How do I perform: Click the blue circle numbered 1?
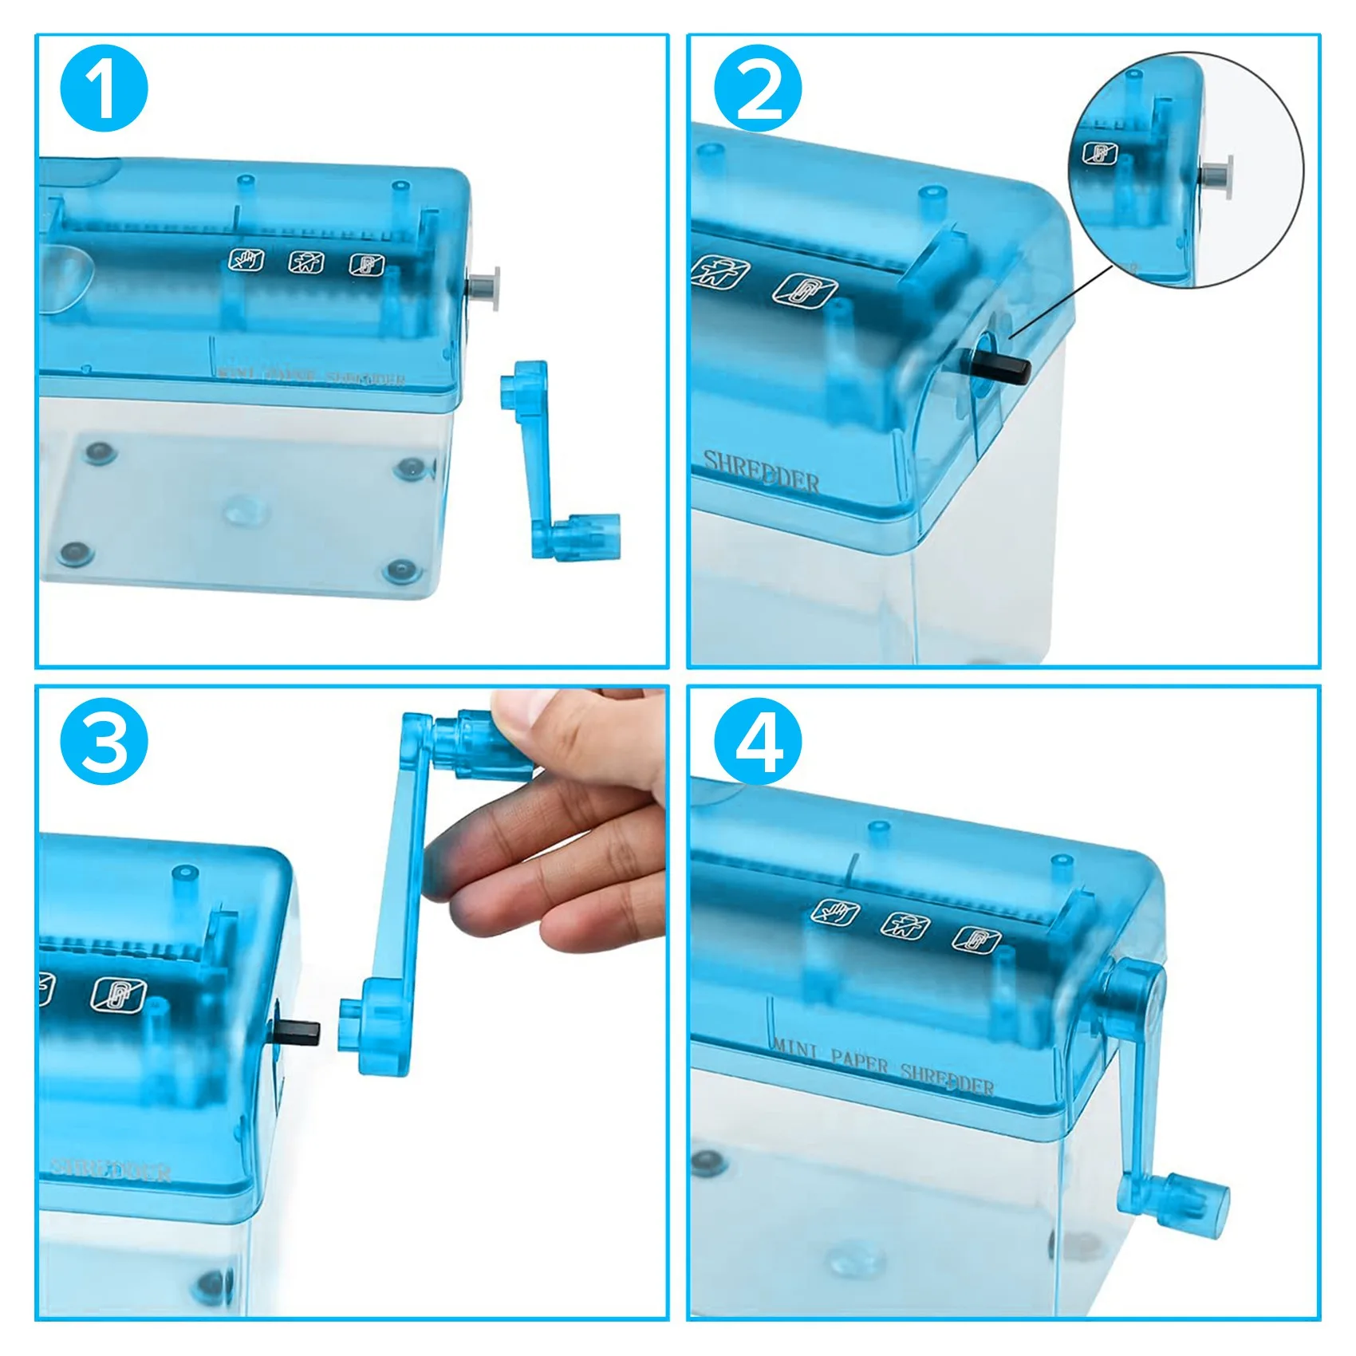[104, 88]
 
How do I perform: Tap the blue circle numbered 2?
[757, 88]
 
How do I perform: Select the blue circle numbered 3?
[104, 741]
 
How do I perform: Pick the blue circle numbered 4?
[757, 741]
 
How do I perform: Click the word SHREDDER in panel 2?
[762, 472]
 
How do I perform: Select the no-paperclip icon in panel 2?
[805, 290]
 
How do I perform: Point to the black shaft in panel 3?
[299, 1031]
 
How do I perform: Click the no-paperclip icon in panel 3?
[118, 993]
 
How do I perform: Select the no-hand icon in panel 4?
[835, 911]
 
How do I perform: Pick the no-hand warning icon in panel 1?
[246, 259]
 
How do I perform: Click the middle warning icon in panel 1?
[305, 261]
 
